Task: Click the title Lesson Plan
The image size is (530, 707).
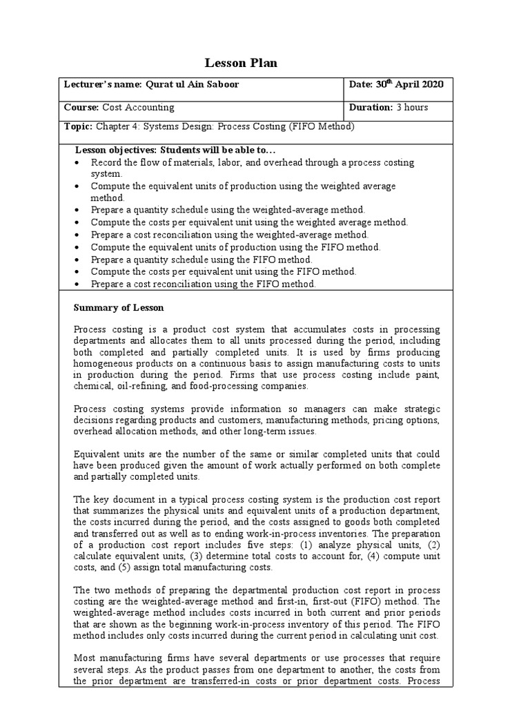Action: pos(242,64)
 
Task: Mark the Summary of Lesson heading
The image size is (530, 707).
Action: pos(119,307)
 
